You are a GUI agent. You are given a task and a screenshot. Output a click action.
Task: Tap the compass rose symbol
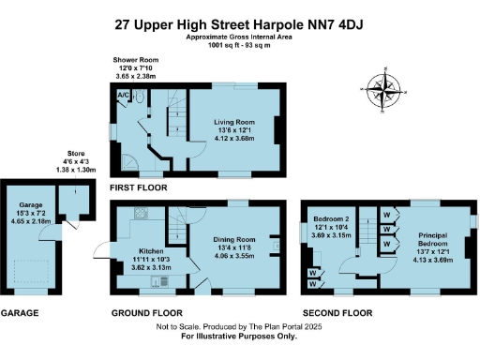pyautogui.click(x=383, y=91)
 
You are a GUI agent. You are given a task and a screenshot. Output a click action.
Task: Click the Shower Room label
pyautogui.click(x=134, y=58)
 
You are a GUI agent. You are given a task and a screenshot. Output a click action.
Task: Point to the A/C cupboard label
pyautogui.click(x=123, y=95)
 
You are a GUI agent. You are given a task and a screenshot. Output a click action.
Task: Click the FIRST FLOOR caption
pyautogui.click(x=138, y=187)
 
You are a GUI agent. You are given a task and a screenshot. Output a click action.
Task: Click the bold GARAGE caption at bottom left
pyautogui.click(x=20, y=312)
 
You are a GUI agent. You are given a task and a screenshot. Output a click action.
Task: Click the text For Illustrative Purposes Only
pyautogui.click(x=239, y=335)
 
